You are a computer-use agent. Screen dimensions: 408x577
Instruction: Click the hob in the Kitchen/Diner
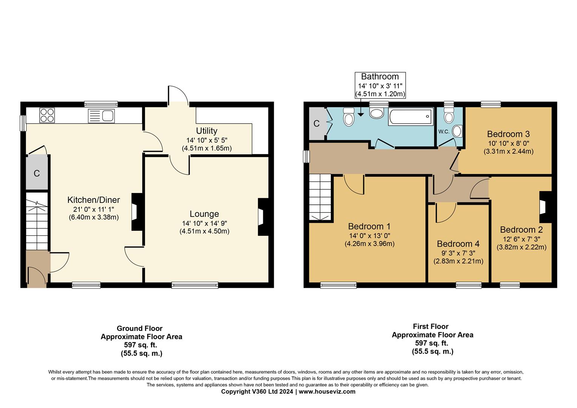47,115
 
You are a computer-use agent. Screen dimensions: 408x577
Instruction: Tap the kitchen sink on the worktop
101,116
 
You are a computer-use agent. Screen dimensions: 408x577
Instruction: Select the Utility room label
207,131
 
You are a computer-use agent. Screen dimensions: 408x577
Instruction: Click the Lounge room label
204,214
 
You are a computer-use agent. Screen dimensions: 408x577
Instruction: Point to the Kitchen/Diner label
94,200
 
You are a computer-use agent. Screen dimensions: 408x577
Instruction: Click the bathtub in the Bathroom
410,117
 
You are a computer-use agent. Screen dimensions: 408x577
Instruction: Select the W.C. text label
444,132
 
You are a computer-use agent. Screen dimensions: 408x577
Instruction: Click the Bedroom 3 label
508,134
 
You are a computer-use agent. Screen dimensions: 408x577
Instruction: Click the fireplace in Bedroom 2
544,207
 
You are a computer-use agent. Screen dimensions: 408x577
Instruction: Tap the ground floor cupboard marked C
37,173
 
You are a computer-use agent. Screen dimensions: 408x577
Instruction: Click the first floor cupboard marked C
316,124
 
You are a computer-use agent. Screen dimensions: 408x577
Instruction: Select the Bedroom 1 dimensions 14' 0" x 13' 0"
369,235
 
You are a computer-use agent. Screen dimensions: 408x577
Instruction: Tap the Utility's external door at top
177,95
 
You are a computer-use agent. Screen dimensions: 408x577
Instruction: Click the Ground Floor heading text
139,328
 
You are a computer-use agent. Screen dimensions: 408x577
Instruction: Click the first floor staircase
320,197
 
